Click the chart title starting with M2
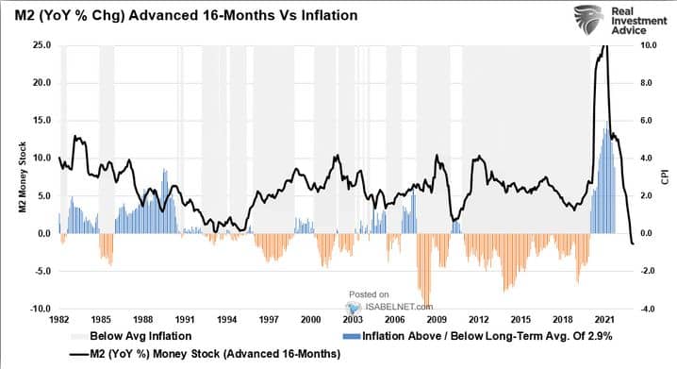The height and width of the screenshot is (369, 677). coord(186,15)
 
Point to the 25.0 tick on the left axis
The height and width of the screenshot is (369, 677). coord(41,45)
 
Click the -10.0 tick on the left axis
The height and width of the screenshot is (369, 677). coord(41,309)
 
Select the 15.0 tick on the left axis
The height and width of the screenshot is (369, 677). coord(41,121)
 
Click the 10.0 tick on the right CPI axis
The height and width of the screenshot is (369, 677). coord(649,45)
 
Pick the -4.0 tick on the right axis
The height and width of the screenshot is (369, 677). coord(649,309)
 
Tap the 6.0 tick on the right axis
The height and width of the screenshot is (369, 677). coord(646,121)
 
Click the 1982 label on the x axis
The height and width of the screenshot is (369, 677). coord(58,320)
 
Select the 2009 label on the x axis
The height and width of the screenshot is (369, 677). coord(437,320)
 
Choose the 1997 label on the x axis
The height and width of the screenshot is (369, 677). coord(269,320)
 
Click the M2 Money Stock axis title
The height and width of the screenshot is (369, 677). coord(23,177)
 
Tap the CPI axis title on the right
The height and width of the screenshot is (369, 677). coord(665,177)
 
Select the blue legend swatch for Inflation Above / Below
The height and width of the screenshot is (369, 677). coord(352,336)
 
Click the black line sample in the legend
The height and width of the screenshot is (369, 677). coord(78,355)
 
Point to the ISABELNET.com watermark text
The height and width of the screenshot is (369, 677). coord(398,307)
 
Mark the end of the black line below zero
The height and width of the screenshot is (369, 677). coord(634,244)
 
